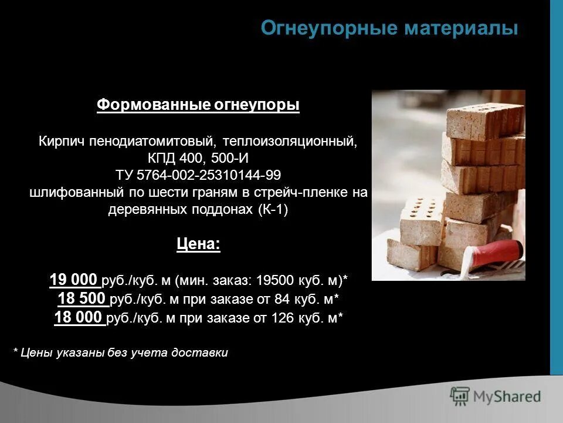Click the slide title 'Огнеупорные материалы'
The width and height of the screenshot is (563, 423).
[389, 28]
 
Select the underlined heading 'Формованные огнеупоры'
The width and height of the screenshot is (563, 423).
[198, 105]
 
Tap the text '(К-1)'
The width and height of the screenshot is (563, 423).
[273, 210]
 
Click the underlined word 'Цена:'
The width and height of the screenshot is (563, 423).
[198, 244]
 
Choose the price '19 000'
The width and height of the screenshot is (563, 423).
[74, 279]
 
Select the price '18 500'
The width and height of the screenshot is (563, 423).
[82, 298]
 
